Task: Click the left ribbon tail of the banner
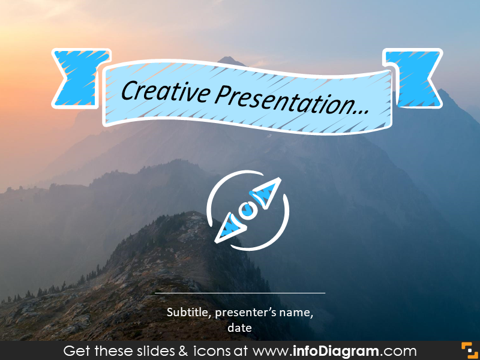click(x=79, y=77)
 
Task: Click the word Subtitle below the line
click(x=188, y=312)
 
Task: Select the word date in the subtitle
click(x=239, y=328)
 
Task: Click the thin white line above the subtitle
click(x=240, y=293)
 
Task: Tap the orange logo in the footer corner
click(x=469, y=350)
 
